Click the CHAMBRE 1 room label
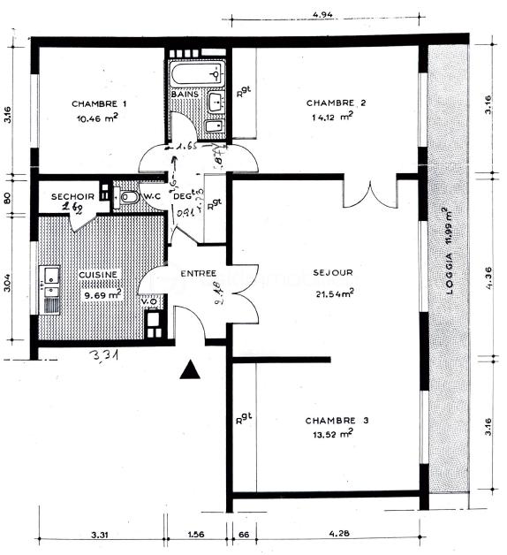click(x=99, y=104)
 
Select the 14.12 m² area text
click(x=332, y=116)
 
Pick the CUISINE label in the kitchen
click(x=99, y=275)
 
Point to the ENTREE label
click(x=198, y=274)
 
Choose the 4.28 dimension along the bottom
click(x=339, y=535)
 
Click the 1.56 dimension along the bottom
click(x=196, y=535)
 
